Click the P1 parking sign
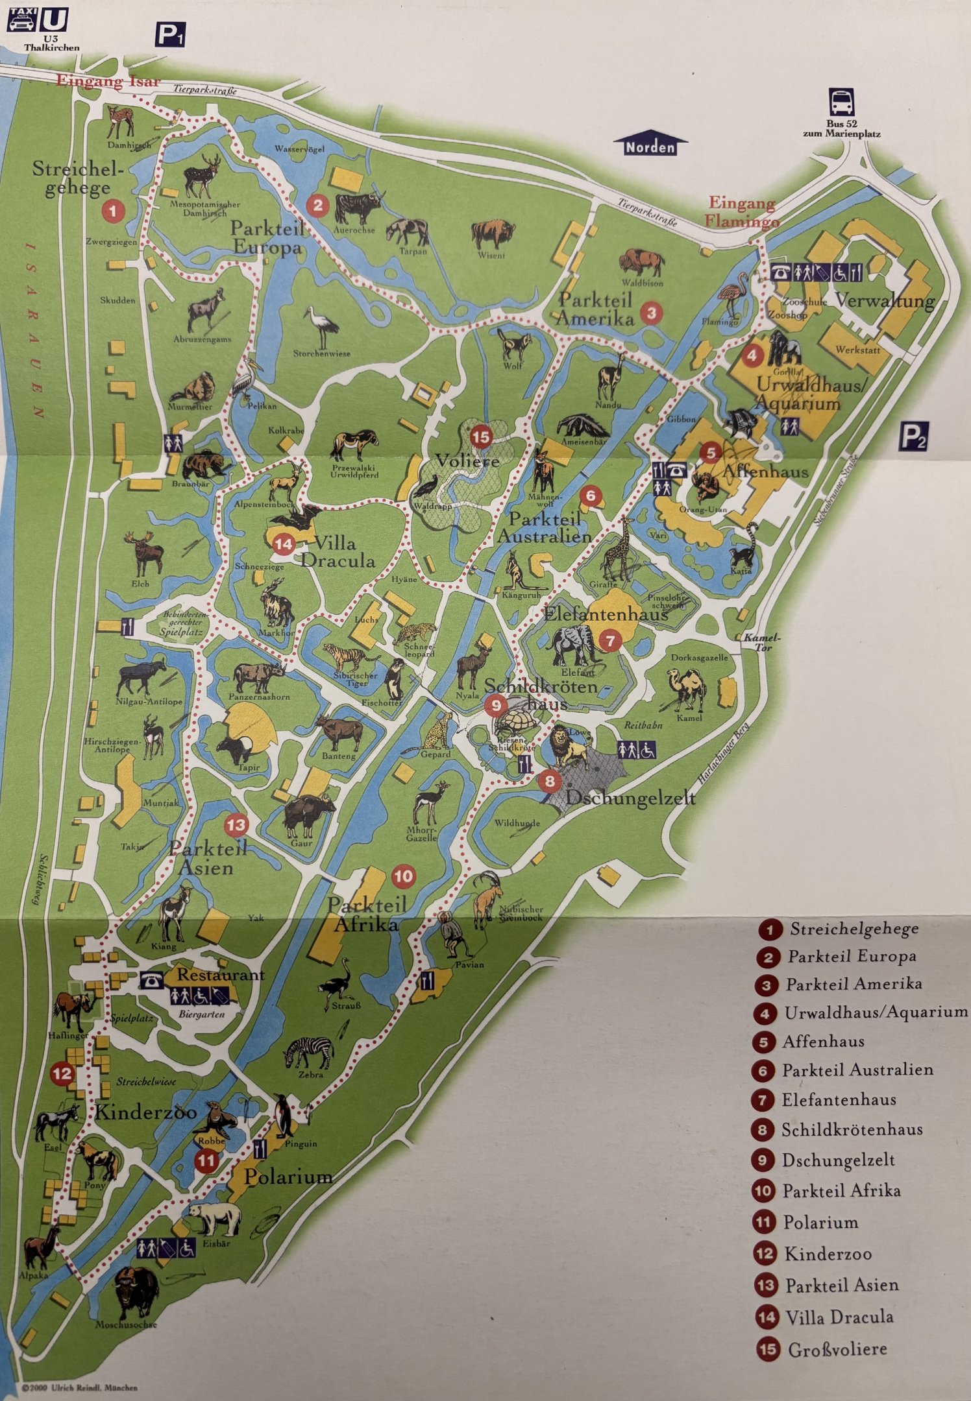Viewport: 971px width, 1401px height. click(x=169, y=34)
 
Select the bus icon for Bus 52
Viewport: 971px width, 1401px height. click(x=841, y=102)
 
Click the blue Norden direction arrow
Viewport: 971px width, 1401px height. click(x=650, y=145)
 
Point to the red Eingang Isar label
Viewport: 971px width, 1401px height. click(x=108, y=81)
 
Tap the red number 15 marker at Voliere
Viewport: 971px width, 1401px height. click(x=481, y=437)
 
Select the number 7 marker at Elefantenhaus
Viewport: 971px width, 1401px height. click(x=610, y=641)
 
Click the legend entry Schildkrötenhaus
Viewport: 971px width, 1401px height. click(x=852, y=1129)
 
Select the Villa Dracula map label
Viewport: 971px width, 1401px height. click(x=338, y=551)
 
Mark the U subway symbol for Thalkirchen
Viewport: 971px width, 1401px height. click(x=53, y=20)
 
